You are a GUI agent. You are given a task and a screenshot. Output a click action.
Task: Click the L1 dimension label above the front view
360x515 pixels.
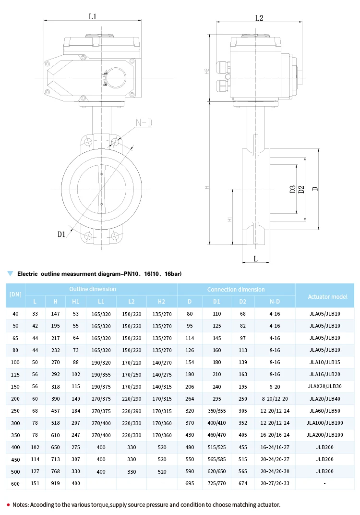[x=93, y=16]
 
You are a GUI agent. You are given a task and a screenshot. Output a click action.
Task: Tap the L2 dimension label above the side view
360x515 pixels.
[x=259, y=18]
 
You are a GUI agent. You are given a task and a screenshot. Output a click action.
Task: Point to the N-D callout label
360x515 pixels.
[x=144, y=123]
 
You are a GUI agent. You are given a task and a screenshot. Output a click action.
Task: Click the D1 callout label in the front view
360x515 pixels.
[x=61, y=234]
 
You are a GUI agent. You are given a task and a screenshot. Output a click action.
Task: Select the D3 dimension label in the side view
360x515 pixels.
[x=292, y=189]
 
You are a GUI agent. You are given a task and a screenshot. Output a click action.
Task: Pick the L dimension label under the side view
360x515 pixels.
[x=255, y=259]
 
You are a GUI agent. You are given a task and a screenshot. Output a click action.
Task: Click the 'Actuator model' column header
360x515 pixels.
[x=328, y=296]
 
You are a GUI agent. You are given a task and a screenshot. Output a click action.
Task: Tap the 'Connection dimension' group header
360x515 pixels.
[x=236, y=289]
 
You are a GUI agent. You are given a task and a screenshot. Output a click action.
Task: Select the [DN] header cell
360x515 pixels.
[x=16, y=293]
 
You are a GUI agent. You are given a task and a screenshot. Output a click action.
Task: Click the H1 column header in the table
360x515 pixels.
[x=75, y=302]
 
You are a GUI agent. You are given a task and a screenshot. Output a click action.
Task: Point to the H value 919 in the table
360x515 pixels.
[x=55, y=483]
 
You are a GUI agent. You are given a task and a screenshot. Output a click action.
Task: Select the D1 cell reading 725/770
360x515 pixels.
[x=216, y=483]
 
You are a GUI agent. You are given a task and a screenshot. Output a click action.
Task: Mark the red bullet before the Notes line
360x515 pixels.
[x=8, y=504]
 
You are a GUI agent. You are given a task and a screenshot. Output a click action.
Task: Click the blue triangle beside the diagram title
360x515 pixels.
[x=10, y=273]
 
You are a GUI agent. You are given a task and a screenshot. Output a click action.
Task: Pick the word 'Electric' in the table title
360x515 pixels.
[x=27, y=274]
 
